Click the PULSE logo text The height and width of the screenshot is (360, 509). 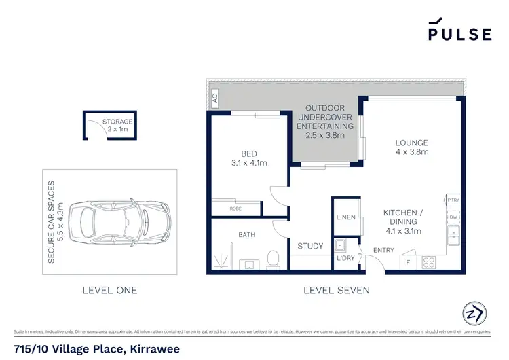459,34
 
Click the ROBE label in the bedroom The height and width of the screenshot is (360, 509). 235,209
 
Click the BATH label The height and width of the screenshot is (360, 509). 246,235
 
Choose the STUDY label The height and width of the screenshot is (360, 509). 310,246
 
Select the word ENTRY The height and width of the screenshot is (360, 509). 383,251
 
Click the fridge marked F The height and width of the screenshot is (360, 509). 407,262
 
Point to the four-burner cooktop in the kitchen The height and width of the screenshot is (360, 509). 429,262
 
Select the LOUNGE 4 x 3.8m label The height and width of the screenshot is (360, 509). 412,147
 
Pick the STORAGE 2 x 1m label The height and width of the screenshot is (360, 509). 117,125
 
